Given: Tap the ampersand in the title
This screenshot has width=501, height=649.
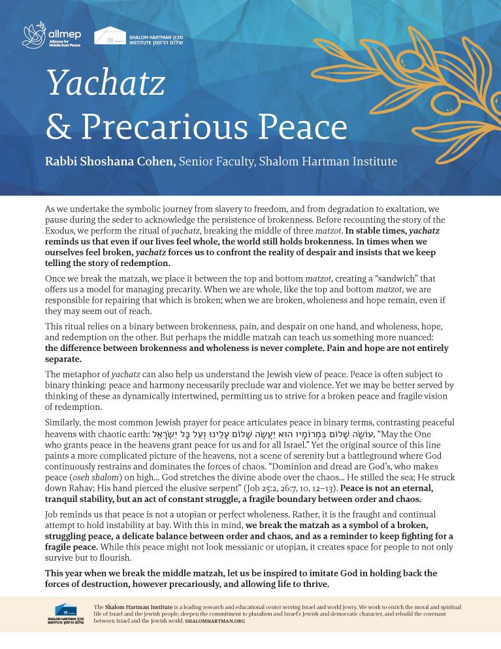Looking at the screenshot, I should click(x=58, y=127).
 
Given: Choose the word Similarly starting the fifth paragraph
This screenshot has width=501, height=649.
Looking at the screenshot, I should click(x=67, y=423).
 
